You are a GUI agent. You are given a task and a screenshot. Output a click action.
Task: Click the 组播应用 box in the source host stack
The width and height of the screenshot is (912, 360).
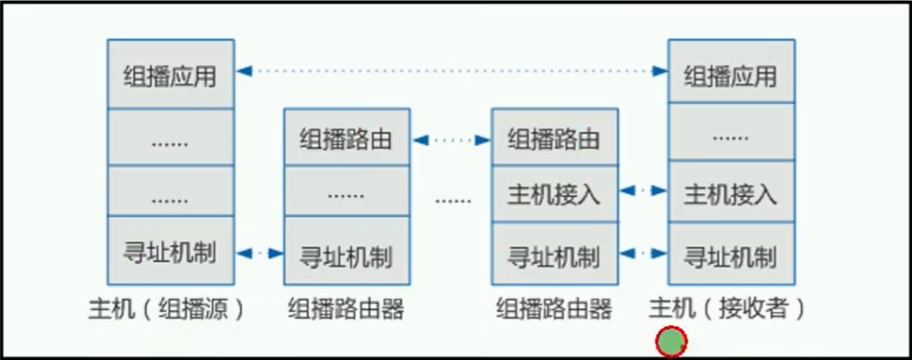click(170, 74)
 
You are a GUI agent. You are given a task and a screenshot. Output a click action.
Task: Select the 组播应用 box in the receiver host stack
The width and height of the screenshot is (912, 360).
click(730, 74)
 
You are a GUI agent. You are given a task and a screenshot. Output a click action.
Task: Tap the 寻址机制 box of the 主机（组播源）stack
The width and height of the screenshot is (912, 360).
click(170, 253)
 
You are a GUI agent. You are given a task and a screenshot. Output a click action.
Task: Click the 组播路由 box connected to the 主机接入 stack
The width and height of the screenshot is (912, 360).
click(554, 138)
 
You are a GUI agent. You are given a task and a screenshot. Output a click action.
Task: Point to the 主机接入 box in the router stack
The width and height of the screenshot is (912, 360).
click(554, 194)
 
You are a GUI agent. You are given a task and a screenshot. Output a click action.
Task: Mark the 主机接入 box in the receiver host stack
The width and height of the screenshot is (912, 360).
click(730, 194)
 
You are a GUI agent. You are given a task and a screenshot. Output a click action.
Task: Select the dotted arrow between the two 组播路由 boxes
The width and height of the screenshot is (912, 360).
click(450, 138)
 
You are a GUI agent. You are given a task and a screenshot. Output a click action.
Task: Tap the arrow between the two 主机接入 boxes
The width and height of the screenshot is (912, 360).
click(643, 190)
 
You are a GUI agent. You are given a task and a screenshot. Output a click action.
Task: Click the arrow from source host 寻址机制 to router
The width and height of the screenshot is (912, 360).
click(259, 253)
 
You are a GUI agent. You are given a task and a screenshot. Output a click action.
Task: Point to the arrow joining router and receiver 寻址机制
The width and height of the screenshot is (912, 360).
click(643, 253)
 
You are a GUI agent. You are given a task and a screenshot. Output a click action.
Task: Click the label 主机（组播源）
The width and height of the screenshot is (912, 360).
click(166, 308)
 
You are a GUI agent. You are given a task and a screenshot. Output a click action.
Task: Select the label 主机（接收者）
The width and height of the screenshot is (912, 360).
click(728, 308)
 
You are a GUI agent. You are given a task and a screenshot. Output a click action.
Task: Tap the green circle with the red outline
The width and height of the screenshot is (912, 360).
click(671, 342)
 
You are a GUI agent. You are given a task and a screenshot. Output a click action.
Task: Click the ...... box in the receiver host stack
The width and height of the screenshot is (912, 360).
click(730, 136)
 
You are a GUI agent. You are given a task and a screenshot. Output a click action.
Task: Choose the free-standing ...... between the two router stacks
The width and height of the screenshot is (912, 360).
click(453, 200)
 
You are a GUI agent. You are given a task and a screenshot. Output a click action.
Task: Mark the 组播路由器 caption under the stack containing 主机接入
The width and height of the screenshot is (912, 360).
click(554, 308)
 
